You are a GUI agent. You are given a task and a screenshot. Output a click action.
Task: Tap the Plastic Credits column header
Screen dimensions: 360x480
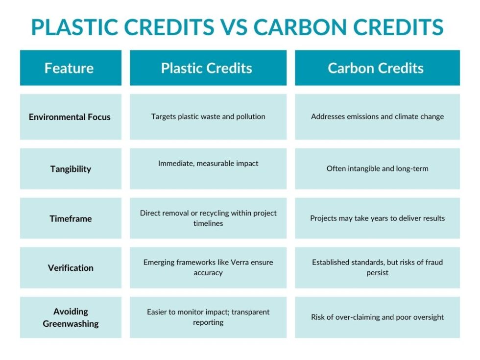pos(208,68)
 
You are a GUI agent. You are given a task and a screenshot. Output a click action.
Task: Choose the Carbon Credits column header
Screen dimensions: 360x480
pos(377,68)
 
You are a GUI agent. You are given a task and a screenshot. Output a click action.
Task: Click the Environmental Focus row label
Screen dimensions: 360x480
pos(70,117)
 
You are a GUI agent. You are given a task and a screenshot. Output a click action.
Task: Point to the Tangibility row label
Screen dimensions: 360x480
pos(71,169)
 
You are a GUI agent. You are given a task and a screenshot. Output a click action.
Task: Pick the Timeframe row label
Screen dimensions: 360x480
pos(71,218)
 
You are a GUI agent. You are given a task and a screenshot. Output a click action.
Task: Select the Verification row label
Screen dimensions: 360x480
pos(71,268)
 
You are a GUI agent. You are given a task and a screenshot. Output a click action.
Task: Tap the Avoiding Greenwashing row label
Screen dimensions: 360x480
pos(71,317)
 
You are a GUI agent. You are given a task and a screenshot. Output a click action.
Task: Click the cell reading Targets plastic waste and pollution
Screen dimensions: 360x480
pos(208,117)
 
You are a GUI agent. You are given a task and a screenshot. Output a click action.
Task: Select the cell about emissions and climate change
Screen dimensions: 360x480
pos(377,117)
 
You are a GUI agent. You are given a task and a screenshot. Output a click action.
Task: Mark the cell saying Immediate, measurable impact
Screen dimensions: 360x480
pos(208,164)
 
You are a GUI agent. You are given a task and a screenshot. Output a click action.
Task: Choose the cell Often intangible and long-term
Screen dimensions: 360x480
pos(377,168)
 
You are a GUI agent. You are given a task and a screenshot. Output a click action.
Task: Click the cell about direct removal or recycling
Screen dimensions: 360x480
pos(208,218)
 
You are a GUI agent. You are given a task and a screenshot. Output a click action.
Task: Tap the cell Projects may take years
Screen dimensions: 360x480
pos(377,218)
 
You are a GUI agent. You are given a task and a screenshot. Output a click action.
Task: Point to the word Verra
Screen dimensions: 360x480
pos(234,262)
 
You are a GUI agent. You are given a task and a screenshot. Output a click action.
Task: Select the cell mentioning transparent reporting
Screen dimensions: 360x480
pos(208,317)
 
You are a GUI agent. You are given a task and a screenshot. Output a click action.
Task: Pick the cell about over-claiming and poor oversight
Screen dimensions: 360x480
pos(377,317)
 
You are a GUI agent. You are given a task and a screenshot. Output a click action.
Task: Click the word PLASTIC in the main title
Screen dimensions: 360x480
pos(75,27)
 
